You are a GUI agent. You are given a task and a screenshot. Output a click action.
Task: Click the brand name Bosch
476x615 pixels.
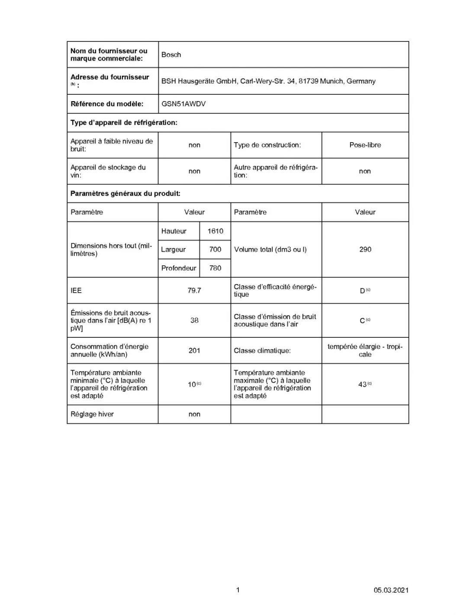click(x=171, y=55)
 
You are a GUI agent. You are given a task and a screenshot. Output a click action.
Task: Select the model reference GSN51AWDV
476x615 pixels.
click(x=183, y=104)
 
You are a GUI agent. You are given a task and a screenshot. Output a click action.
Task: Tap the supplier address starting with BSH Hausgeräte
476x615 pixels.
click(x=268, y=81)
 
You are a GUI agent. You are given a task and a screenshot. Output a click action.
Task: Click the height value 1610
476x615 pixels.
click(x=215, y=231)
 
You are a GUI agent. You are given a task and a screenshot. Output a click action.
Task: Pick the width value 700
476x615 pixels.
click(x=215, y=250)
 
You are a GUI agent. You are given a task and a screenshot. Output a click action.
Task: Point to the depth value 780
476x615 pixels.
click(x=215, y=268)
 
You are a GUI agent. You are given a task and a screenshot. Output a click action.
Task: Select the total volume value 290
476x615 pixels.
click(x=365, y=250)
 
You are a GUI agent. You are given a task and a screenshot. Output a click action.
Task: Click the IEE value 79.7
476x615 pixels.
click(x=194, y=291)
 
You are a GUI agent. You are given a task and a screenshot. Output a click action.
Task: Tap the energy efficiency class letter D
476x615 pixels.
click(x=363, y=291)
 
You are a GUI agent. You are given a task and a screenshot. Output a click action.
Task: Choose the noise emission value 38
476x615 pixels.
click(x=194, y=320)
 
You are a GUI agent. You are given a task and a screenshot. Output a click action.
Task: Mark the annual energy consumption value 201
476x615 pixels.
click(x=194, y=351)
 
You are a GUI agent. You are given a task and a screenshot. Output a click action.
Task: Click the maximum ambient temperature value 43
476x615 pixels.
click(x=363, y=384)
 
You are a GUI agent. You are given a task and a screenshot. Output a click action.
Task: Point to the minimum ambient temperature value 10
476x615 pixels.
click(x=192, y=384)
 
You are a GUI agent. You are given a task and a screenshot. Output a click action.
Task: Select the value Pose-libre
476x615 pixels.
click(x=365, y=145)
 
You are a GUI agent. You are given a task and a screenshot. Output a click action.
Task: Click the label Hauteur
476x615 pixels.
click(x=174, y=231)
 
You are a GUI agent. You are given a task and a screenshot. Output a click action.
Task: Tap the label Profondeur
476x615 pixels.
click(x=179, y=268)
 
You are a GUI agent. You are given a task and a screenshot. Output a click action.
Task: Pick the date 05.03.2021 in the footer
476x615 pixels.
click(x=391, y=590)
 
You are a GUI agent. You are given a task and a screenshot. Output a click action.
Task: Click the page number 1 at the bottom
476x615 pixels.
click(x=238, y=590)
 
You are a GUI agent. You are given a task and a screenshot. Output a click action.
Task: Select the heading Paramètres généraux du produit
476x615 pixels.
click(x=125, y=194)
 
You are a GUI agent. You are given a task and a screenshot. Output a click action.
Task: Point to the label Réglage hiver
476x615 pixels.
click(x=92, y=414)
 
